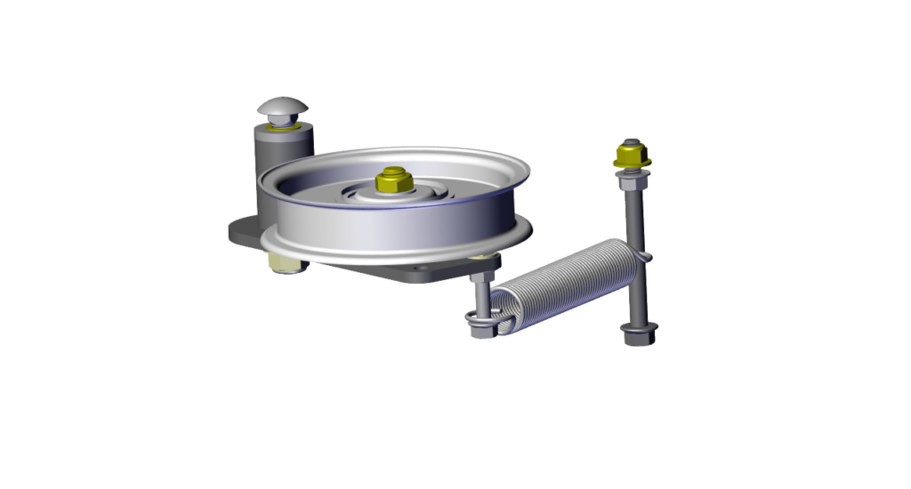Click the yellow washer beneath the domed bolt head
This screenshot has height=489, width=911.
285,126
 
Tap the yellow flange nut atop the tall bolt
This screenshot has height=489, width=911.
632,159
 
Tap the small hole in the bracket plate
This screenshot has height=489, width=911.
418,265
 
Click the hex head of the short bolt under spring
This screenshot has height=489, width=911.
480,330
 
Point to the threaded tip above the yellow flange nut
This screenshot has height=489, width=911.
631,142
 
